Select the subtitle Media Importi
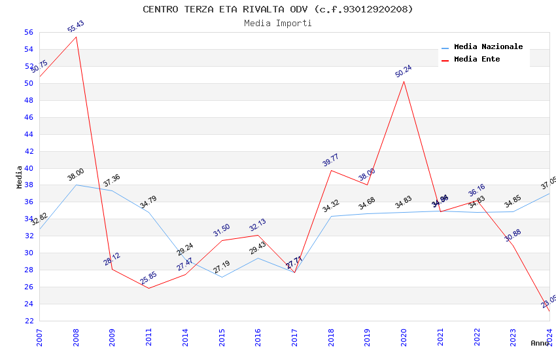point(278,24)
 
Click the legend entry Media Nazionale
point(488,46)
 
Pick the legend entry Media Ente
point(477,59)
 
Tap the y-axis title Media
point(20,177)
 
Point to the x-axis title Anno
point(540,343)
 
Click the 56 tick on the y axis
point(28,32)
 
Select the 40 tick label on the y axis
point(28,168)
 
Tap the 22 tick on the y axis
point(28,321)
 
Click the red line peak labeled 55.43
point(76,37)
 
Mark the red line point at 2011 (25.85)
point(148,288)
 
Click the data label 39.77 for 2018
point(331,160)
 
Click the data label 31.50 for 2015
point(222,230)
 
